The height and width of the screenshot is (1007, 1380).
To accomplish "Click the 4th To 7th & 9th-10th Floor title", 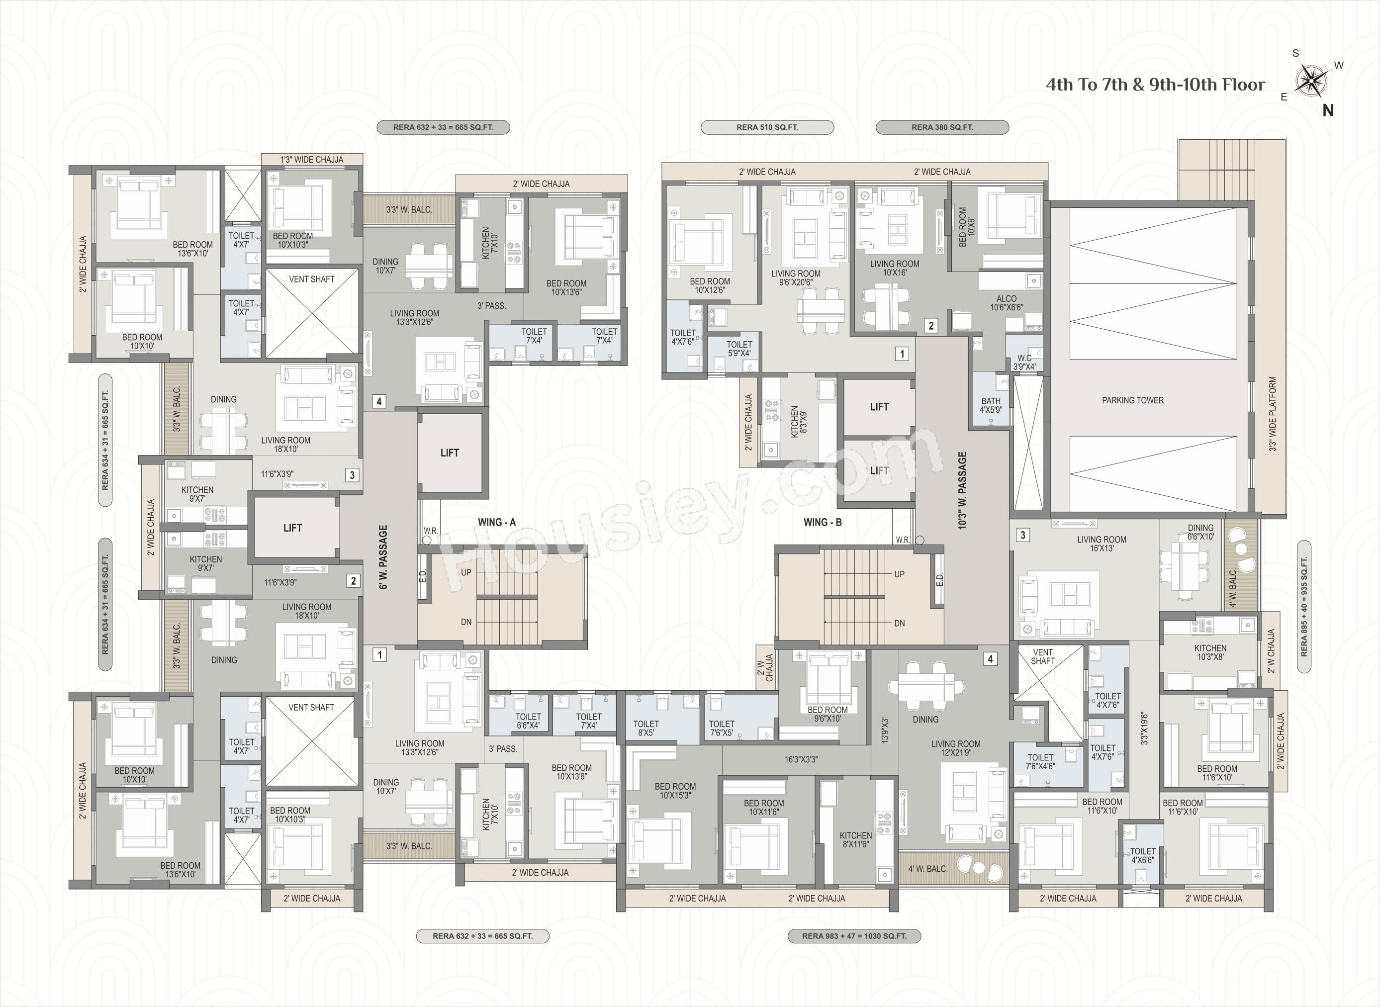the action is (1155, 85).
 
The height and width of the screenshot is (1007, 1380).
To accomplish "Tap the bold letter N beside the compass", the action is (1328, 110).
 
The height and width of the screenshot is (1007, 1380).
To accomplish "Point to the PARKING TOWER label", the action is (1132, 400).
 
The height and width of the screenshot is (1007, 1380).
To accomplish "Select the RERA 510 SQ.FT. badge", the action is (767, 127).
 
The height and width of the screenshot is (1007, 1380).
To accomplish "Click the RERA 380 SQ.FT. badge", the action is (942, 127).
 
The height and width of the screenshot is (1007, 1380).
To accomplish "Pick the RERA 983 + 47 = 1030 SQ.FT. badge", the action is (854, 936).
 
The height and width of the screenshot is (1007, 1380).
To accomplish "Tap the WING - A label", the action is (497, 522).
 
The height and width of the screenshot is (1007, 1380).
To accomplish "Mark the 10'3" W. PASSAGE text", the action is (962, 490).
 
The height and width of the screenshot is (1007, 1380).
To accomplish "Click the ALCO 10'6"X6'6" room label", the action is (1007, 303).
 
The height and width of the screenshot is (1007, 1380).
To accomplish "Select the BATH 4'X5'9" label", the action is (991, 405).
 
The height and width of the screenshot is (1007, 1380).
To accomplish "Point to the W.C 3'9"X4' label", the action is (1024, 363).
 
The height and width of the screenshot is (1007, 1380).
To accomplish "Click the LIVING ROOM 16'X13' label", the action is (1102, 544).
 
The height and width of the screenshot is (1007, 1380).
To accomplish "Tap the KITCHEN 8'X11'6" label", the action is (856, 840).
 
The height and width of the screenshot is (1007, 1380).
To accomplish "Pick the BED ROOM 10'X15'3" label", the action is (675, 791).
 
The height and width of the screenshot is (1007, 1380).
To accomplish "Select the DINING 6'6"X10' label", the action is (1200, 532).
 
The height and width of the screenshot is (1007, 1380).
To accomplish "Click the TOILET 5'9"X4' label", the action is (739, 349).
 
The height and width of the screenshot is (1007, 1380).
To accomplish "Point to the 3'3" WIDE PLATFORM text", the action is (1273, 413).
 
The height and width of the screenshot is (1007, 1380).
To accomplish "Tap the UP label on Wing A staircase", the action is (466, 572).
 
